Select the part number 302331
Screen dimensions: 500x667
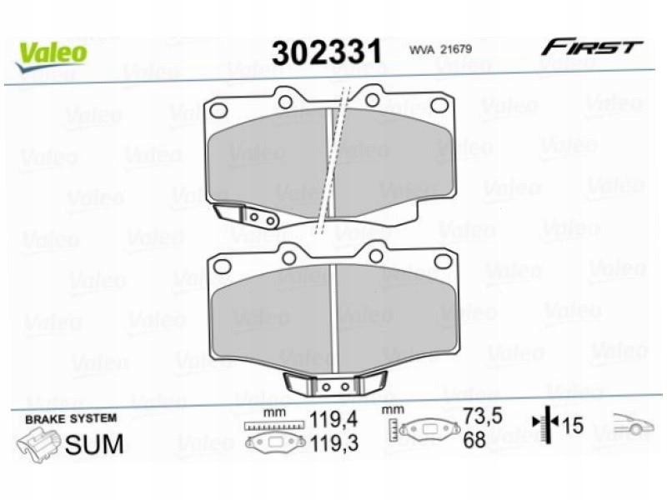pyautogui.click(x=327, y=52)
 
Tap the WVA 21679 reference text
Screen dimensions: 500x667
pyautogui.click(x=440, y=49)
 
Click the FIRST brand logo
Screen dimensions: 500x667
pyautogui.click(x=591, y=47)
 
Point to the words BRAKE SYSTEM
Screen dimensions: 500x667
pyautogui.click(x=71, y=418)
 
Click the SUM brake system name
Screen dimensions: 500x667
pyautogui.click(x=94, y=444)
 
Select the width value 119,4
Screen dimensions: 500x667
pyautogui.click(x=333, y=418)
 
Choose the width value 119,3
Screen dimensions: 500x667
pyautogui.click(x=333, y=443)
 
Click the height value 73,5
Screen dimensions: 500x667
pyautogui.click(x=482, y=417)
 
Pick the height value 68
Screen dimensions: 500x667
pyautogui.click(x=474, y=439)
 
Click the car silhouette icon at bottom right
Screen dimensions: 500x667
pyautogui.click(x=634, y=425)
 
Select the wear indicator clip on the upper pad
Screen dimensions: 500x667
pyautogui.click(x=247, y=215)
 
